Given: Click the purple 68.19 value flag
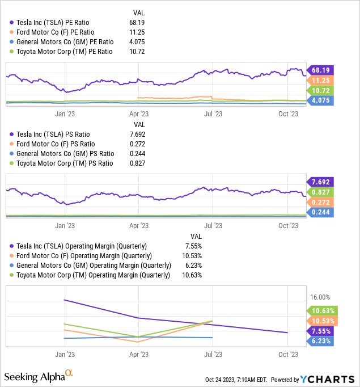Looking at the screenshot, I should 323,70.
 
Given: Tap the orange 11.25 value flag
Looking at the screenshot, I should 323,81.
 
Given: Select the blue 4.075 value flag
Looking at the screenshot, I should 323,101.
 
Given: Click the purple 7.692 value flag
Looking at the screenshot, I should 323,182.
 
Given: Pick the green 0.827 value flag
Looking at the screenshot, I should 323,192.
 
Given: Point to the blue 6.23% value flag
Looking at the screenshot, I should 323,341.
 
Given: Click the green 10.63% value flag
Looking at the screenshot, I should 323,310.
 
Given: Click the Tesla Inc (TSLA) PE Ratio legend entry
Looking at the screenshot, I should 60,22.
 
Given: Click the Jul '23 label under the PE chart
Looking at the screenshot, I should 212,113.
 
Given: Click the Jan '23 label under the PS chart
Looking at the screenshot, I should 65,225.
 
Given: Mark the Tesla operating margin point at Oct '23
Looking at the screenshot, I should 287,333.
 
